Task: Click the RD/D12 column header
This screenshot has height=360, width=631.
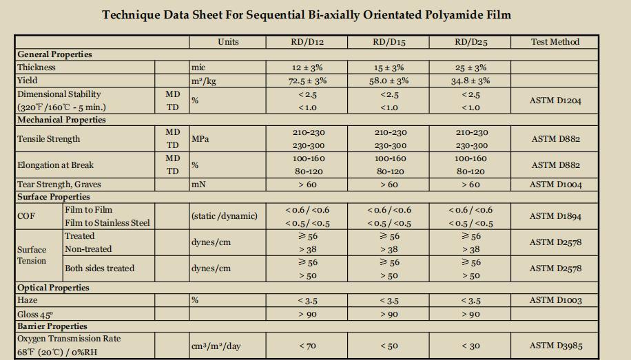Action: tap(307, 42)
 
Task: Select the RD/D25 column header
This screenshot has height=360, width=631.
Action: tap(470, 42)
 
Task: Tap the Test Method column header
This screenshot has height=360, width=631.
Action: tap(555, 42)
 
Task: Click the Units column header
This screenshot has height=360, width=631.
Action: tap(228, 42)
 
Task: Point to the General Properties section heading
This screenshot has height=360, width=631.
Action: tap(54, 54)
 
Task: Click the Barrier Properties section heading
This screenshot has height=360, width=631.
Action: tap(52, 326)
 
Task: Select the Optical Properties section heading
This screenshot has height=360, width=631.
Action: tap(53, 288)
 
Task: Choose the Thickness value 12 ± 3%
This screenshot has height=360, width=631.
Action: tap(307, 67)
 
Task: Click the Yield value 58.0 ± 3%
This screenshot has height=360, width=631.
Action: tap(389, 81)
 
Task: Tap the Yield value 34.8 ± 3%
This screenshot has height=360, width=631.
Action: tap(470, 81)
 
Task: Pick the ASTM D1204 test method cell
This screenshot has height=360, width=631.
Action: tap(555, 100)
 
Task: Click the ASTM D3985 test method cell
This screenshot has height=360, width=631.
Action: tap(555, 346)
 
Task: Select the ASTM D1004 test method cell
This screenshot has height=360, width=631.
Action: tap(555, 184)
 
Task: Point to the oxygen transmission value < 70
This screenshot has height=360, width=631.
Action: tap(307, 346)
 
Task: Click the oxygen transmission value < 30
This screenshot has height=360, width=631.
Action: tap(470, 346)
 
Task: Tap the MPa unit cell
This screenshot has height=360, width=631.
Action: tap(200, 139)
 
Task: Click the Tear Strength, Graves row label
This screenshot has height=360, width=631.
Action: tap(59, 184)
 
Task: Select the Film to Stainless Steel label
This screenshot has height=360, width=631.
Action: tap(107, 223)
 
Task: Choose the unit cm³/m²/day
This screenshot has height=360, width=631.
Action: tap(216, 346)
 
